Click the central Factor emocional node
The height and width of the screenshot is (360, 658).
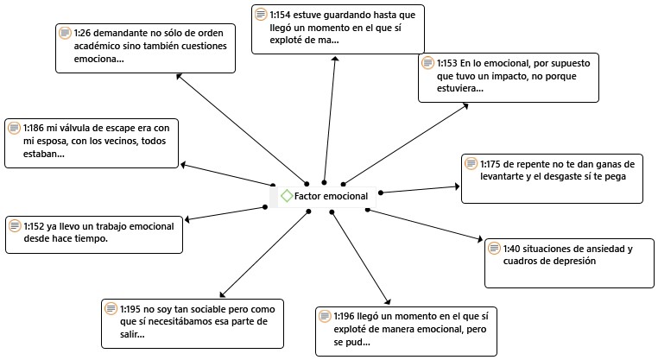click(x=325, y=196)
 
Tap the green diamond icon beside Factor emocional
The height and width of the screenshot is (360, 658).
click(x=287, y=196)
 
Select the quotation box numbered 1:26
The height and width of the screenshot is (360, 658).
click(x=144, y=47)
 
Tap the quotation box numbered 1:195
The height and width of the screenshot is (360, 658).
click(x=192, y=321)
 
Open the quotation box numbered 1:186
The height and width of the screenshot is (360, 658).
click(x=92, y=141)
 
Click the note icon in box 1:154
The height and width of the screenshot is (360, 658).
click(x=262, y=15)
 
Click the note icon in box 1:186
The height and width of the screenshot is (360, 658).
click(x=14, y=129)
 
